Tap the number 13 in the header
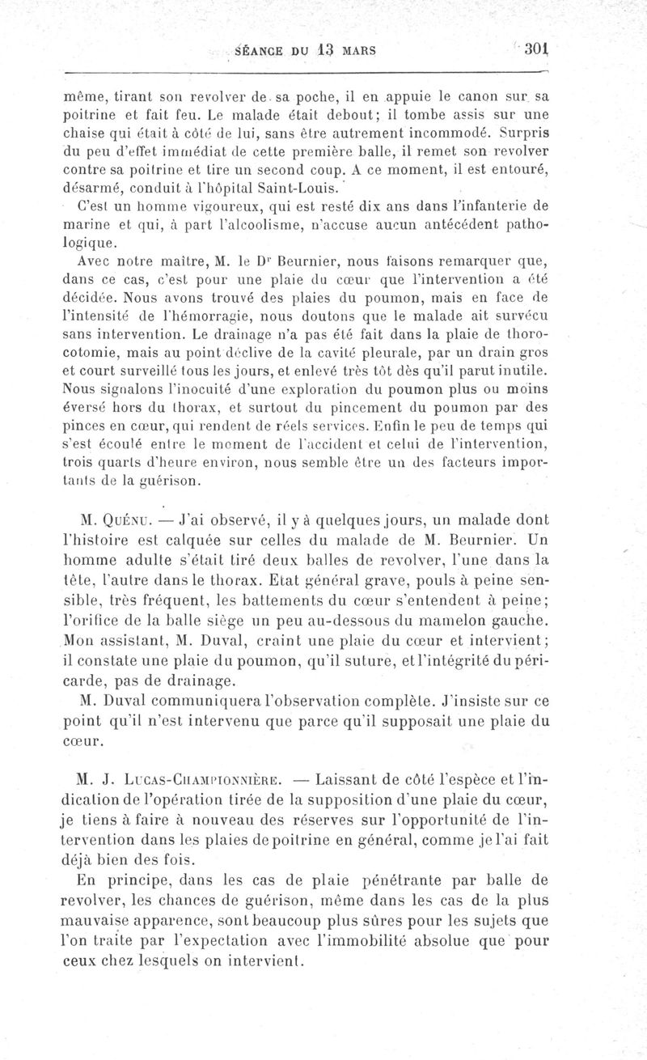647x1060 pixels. click(326, 49)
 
